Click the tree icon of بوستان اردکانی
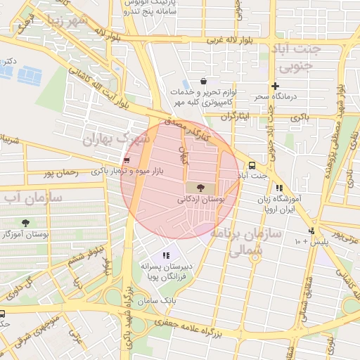(202, 188)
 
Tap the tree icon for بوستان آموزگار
(26, 223)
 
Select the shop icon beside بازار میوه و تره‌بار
(126, 160)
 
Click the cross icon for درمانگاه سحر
(275, 86)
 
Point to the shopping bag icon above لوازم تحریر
(203, 81)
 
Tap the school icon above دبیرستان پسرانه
(166, 255)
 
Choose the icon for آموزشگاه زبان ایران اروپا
(279, 188)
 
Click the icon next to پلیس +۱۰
(311, 231)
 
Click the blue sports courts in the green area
(28, 73)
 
